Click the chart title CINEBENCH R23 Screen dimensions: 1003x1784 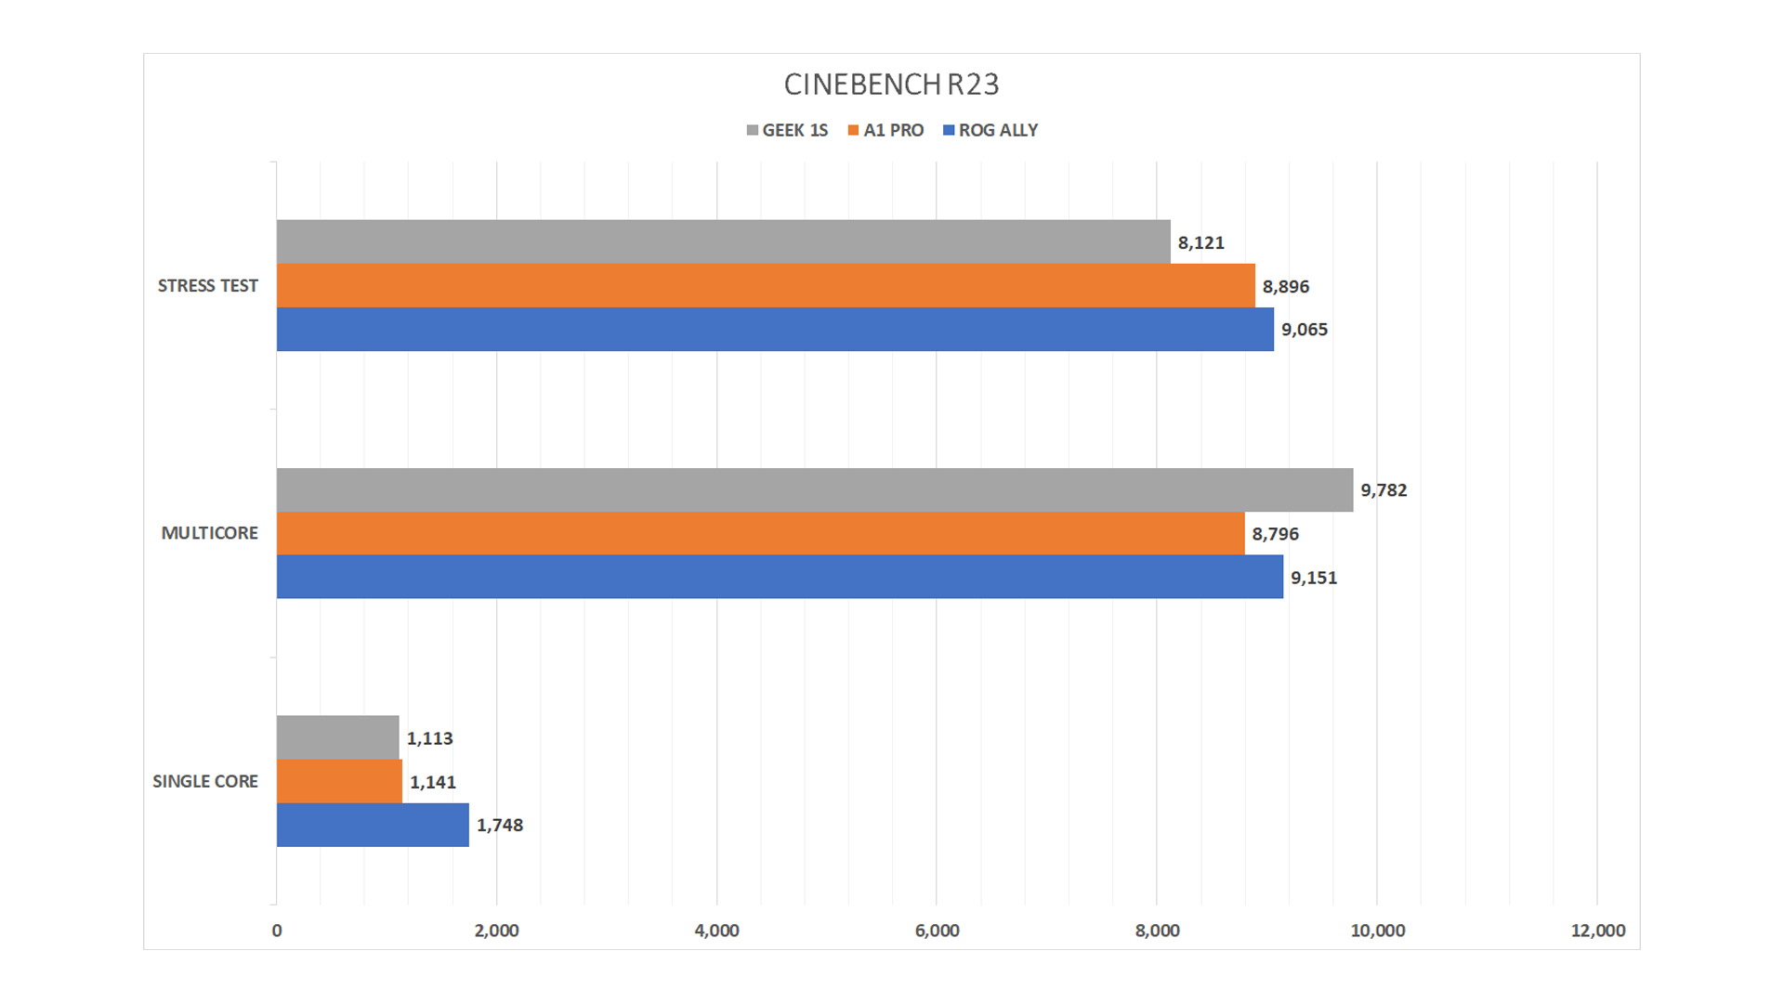tap(891, 85)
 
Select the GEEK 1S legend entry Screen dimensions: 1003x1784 tap(787, 131)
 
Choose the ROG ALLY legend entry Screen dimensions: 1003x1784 tap(990, 131)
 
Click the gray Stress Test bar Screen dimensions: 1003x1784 tap(723, 241)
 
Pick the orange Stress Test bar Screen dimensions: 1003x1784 tap(766, 285)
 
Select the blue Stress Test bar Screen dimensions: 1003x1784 tap(775, 329)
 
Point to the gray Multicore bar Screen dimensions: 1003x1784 tap(815, 489)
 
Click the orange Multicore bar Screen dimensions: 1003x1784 tap(760, 533)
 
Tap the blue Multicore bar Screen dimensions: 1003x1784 tap(780, 577)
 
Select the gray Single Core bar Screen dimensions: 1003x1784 tap(338, 737)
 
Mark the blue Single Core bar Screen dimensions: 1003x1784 tap(373, 825)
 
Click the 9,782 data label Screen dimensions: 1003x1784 tap(1384, 490)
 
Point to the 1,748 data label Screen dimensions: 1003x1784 tap(500, 826)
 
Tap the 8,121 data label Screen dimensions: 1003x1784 tap(1200, 243)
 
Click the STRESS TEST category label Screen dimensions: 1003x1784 tap(208, 286)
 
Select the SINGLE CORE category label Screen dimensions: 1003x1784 tap(205, 782)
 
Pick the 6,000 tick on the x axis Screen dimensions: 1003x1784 tap(937, 931)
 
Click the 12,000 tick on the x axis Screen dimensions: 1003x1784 tap(1597, 931)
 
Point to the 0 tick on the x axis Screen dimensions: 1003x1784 tap(277, 931)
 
